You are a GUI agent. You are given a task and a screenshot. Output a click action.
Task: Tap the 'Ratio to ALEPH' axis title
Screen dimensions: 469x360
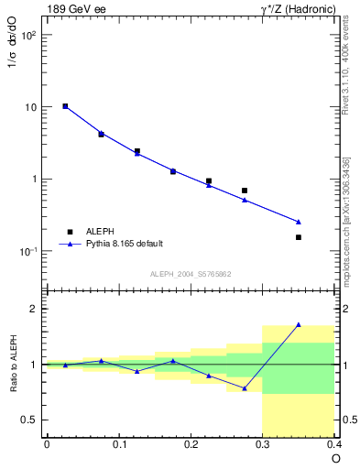click(x=13, y=364)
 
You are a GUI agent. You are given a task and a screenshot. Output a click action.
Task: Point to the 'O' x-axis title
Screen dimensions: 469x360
click(x=335, y=459)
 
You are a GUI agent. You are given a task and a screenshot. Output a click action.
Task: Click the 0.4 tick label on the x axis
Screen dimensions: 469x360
click(x=334, y=444)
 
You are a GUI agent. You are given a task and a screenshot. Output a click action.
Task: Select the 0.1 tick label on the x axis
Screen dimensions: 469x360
click(x=118, y=444)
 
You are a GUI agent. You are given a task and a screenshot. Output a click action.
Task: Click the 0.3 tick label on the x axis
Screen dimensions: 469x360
click(x=263, y=444)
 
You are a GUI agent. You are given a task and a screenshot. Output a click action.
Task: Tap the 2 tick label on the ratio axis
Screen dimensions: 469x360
click(x=35, y=309)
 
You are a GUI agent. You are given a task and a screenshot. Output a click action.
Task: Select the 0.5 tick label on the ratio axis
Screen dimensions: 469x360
click(x=30, y=420)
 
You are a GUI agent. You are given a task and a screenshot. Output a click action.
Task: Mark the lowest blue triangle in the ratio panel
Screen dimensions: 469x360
click(x=245, y=388)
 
